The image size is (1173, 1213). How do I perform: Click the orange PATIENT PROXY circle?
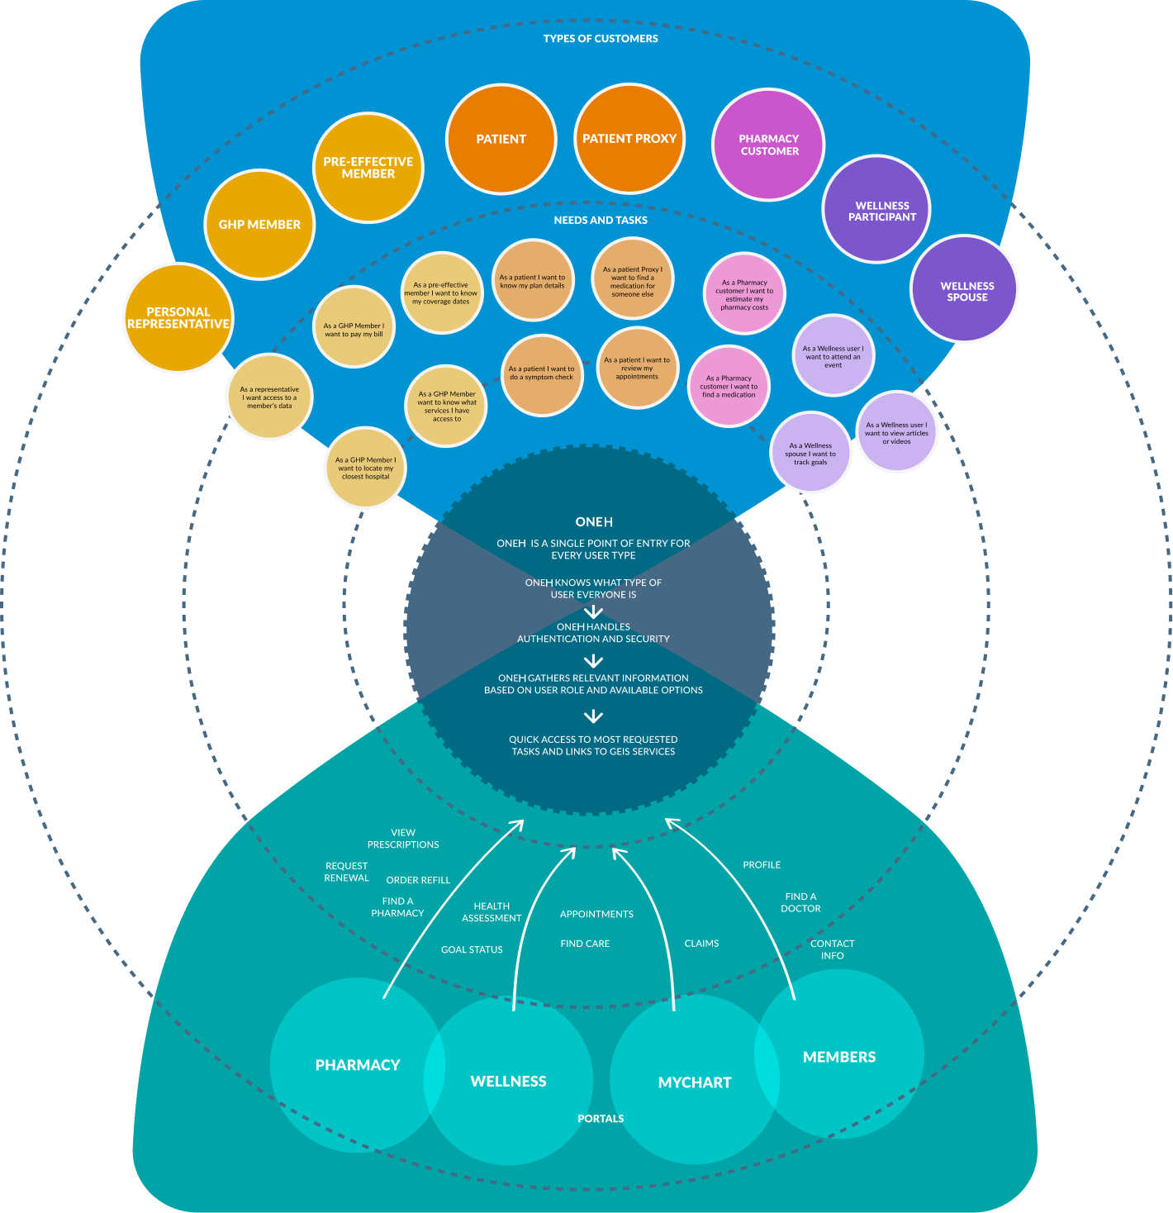tap(629, 139)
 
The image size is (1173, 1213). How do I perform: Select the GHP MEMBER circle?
tap(259, 225)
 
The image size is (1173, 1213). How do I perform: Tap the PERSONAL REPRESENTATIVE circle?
tap(178, 318)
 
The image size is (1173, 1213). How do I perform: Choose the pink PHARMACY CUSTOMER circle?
tap(769, 145)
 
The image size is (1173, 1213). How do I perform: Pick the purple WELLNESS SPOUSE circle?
tap(965, 289)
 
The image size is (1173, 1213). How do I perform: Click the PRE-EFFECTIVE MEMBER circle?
tap(368, 168)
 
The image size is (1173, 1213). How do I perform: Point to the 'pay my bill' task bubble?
tap(354, 327)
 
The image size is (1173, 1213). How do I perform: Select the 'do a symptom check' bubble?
tap(542, 374)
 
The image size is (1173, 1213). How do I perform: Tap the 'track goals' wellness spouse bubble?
tap(810, 453)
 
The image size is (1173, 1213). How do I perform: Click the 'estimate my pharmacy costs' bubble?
tap(744, 293)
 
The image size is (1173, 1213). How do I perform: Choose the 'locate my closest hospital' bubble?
tap(365, 468)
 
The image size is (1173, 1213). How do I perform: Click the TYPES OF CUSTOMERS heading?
tap(601, 39)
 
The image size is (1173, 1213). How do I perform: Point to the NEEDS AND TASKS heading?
tap(601, 221)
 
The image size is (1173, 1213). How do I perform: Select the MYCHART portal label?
tap(695, 1082)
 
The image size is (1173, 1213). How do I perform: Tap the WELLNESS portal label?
tap(508, 1081)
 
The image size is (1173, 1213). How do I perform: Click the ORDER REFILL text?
tap(418, 881)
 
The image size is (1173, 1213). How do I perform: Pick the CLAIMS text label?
tap(701, 944)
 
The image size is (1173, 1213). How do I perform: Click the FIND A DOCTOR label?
tap(800, 902)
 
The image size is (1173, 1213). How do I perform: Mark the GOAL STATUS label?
tap(472, 950)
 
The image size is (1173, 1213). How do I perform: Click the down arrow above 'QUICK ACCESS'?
tap(593, 716)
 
